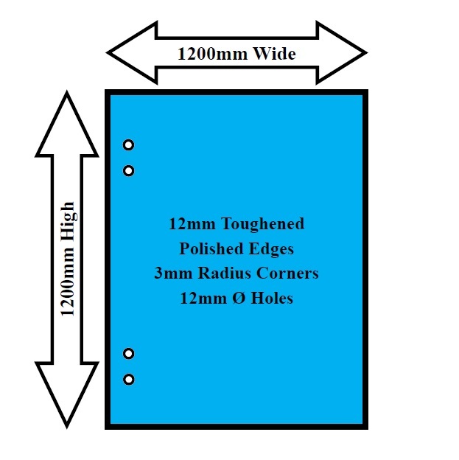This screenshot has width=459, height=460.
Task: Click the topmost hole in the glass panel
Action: tap(128, 145)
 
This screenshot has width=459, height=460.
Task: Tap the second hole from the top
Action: tap(128, 171)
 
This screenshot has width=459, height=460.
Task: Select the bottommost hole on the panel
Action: tap(128, 380)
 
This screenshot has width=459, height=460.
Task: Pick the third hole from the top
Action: tap(128, 354)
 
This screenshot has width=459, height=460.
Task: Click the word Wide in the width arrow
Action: tap(275, 54)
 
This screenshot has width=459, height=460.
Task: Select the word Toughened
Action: tap(263, 224)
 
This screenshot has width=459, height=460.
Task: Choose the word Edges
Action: tap(271, 249)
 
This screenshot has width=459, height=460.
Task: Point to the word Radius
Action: tap(225, 273)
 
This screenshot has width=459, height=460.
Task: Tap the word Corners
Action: tap(287, 273)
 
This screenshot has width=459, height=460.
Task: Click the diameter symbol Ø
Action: tap(239, 299)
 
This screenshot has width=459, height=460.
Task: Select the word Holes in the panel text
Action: tap(272, 298)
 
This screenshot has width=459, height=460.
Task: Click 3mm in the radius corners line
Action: tap(173, 273)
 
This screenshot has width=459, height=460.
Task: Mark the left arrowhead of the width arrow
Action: tap(132, 53)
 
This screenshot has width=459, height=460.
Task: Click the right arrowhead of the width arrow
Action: tap(342, 53)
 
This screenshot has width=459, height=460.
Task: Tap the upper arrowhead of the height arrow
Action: tap(67, 124)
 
